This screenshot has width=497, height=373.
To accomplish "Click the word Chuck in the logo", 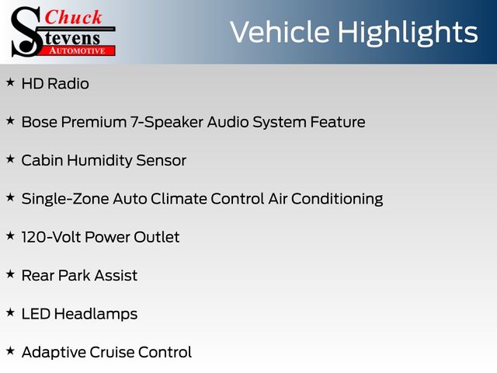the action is [73, 17].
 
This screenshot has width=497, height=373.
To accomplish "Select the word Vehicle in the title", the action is [280, 32].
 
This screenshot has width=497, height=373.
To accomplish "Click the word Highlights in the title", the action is [407, 33].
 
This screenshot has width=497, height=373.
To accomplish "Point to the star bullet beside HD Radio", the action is [10, 82].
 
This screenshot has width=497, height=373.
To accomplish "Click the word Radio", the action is [68, 84].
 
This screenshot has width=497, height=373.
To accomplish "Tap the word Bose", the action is [40, 122].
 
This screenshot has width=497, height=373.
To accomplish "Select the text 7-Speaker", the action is [167, 123].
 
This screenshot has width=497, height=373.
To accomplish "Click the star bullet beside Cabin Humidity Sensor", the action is [10, 159].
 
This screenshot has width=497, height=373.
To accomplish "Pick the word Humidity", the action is [100, 161].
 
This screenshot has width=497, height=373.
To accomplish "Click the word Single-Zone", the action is [65, 199].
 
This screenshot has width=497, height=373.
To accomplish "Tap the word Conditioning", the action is [337, 199].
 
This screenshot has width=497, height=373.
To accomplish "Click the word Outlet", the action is [157, 237].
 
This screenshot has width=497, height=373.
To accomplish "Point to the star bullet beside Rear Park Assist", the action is [10, 274].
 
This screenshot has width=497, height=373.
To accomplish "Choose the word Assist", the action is [116, 276].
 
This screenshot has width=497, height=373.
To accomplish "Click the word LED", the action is [36, 314].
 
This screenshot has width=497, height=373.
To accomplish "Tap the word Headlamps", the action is [96, 314].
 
